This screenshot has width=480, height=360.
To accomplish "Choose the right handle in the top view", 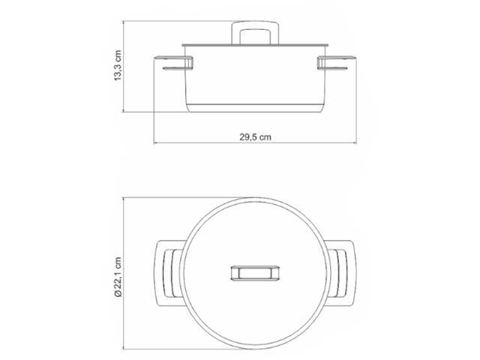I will tap(343, 273).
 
